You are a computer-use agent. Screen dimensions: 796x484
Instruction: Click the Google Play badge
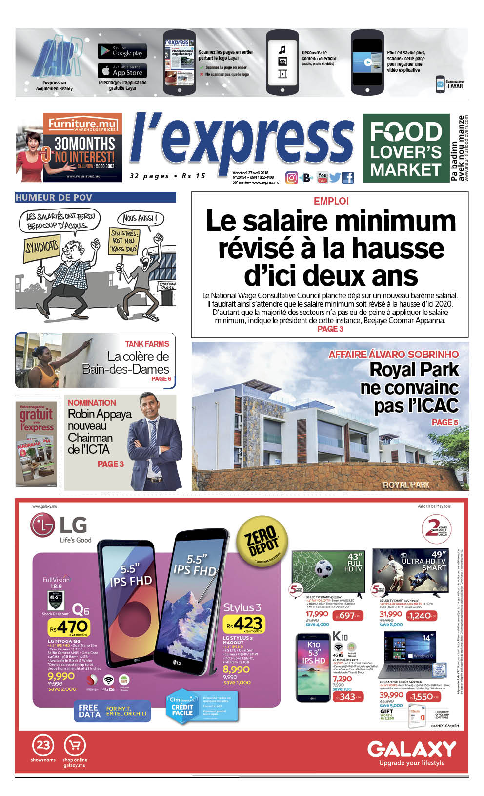[122, 51]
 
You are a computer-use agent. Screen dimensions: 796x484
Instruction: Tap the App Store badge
[122, 71]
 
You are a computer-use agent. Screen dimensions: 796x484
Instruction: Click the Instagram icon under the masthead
[291, 178]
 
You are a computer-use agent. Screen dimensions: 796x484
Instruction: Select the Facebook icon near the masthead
[348, 178]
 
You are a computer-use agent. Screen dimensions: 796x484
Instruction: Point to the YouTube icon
[323, 177]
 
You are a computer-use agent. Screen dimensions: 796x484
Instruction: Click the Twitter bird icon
[335, 178]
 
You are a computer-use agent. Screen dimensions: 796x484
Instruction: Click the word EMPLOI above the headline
[331, 201]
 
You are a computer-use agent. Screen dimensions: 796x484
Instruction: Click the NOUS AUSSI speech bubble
[140, 218]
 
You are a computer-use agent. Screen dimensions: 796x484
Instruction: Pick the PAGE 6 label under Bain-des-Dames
[161, 378]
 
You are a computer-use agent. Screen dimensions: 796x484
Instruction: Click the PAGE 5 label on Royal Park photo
[444, 422]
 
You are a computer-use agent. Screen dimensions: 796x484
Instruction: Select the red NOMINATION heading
[92, 403]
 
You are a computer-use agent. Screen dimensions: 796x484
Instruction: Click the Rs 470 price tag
[68, 627]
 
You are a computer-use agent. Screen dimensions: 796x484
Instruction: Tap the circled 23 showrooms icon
[43, 745]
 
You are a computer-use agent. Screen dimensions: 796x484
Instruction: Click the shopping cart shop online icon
[75, 745]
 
